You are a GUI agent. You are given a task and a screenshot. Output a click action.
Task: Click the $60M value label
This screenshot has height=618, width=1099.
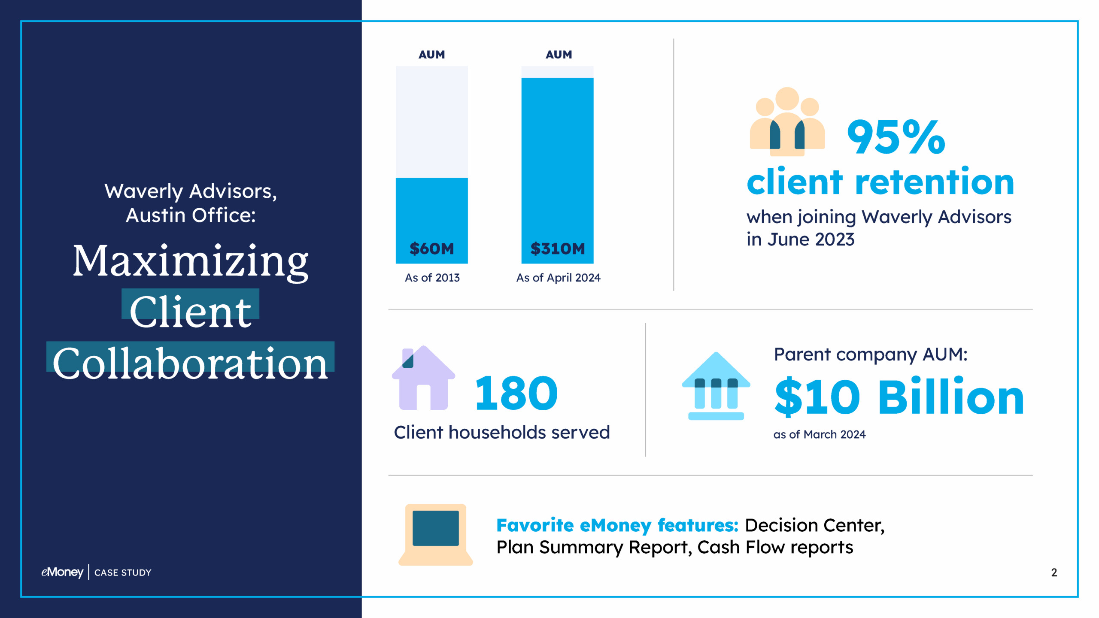431,248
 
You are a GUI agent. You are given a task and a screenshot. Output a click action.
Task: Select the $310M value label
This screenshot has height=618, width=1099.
557,248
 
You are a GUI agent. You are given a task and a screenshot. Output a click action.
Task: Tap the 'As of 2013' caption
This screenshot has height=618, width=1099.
432,278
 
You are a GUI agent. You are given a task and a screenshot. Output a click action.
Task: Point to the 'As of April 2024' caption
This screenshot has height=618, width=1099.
558,278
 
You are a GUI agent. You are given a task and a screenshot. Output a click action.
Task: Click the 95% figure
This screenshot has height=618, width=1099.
896,137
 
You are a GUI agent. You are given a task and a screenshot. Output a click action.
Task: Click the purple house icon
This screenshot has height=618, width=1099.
423,378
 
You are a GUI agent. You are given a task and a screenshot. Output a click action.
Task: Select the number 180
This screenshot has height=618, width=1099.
516,393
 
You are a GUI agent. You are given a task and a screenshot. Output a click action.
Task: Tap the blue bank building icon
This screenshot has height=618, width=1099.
716,386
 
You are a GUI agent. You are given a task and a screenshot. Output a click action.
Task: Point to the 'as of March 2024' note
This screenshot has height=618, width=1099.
819,434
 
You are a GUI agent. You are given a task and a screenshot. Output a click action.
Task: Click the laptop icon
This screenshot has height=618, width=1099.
435,534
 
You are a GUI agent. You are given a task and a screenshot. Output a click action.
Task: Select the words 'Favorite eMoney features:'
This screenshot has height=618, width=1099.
617,525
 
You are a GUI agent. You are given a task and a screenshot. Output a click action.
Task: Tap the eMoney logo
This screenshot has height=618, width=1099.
62,572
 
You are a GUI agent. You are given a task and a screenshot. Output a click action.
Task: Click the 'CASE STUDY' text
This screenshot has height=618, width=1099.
123,573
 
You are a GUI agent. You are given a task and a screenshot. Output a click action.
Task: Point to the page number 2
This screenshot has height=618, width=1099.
1054,572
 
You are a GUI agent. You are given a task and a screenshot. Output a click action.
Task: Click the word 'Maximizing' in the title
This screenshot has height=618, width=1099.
191,261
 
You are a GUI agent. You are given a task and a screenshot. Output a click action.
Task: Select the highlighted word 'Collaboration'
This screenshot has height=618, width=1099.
191,363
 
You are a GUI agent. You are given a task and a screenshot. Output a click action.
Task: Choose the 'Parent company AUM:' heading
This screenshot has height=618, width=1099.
871,354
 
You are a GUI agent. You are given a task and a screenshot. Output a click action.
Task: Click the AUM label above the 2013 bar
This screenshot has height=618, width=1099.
431,55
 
